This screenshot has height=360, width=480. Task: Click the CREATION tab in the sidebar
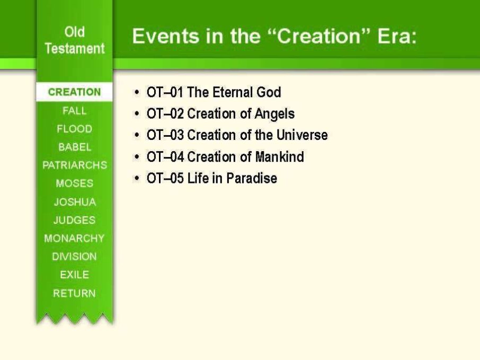74,92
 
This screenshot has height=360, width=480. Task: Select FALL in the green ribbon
74,111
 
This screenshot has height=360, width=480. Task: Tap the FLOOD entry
74,129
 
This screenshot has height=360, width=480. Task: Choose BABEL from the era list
75,147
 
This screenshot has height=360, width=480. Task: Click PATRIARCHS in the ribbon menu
75,165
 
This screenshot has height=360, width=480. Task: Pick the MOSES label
74,183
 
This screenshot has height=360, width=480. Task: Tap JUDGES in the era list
74,220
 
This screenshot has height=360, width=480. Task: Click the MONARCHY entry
74,238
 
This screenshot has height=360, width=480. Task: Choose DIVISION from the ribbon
74,256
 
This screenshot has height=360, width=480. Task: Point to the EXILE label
74,275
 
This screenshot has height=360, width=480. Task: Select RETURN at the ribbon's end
74,293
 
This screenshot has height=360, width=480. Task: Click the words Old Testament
75,40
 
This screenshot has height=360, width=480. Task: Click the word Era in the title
397,36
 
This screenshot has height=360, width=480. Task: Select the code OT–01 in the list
165,92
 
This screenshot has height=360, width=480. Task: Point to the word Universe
302,135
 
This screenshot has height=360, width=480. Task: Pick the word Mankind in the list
280,156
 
